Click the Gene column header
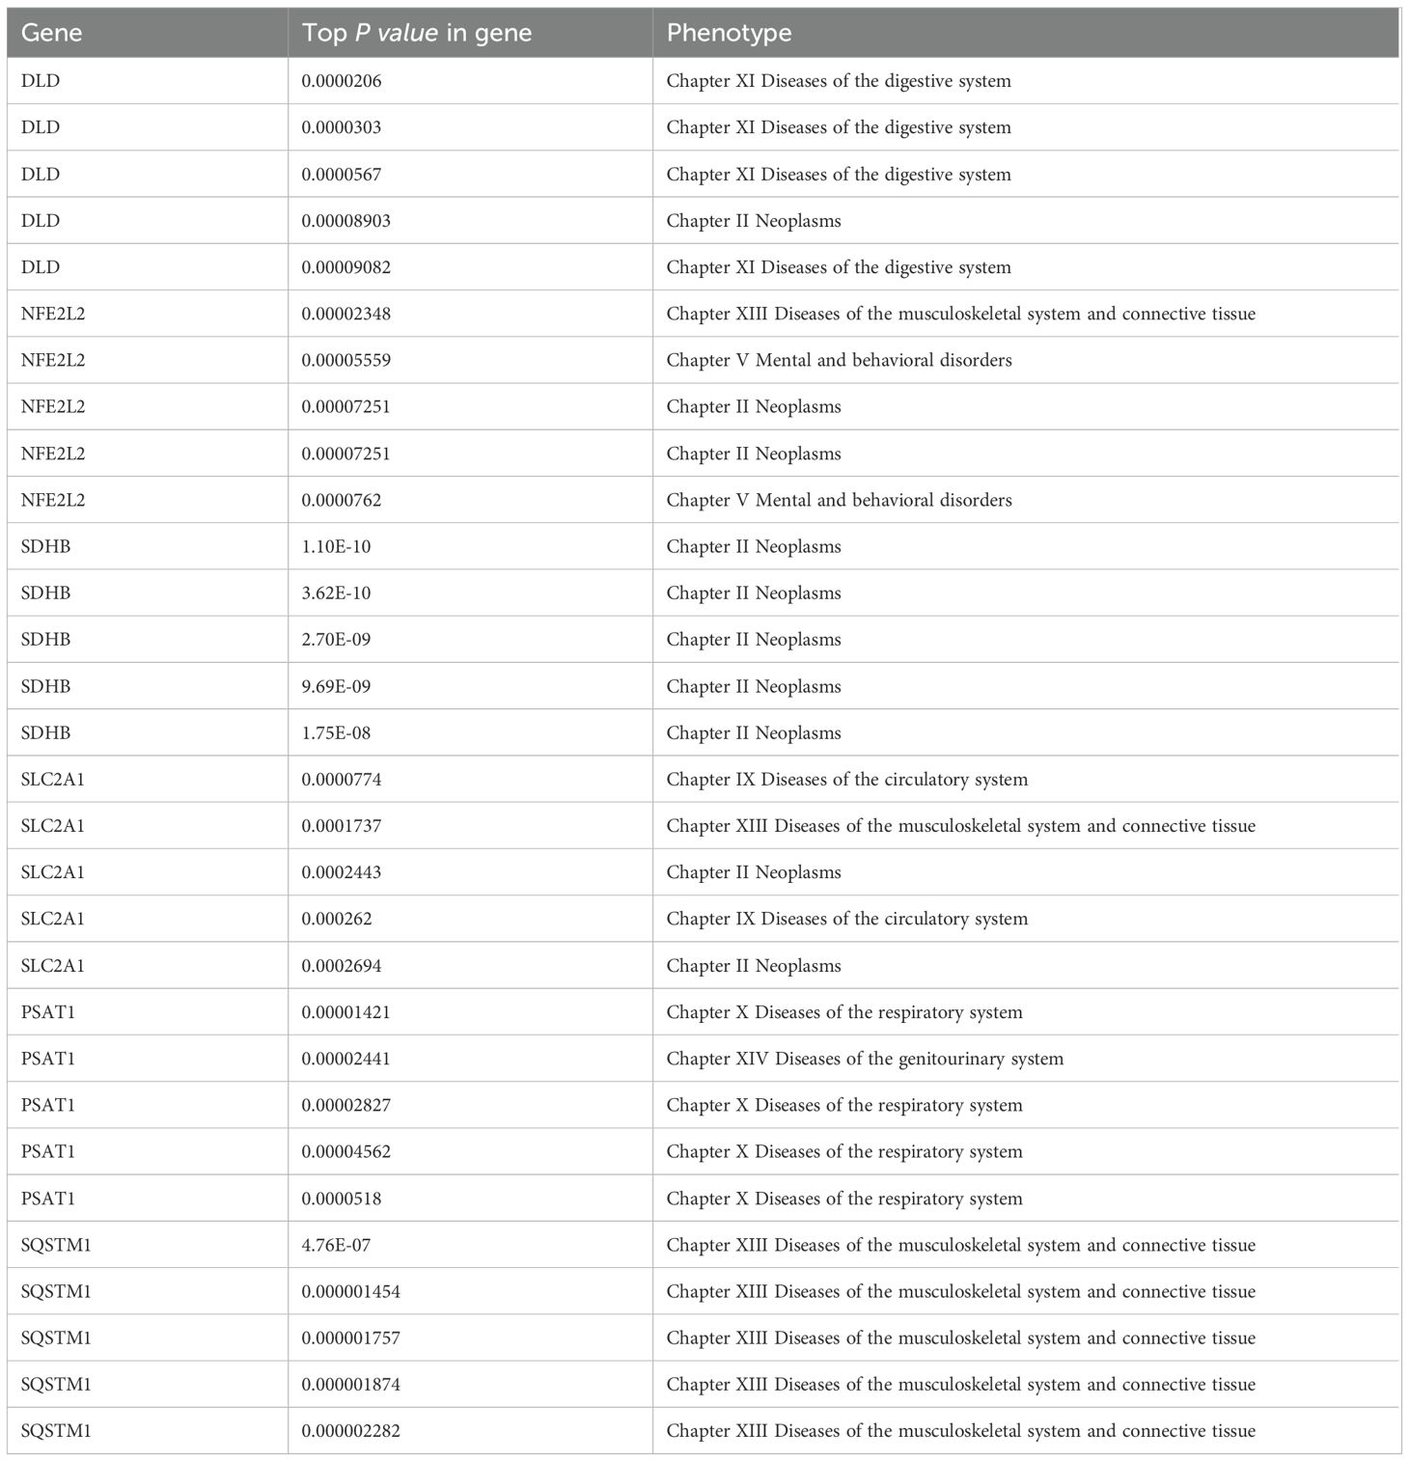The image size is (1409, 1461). (x=51, y=33)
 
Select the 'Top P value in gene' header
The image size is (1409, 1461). (x=416, y=33)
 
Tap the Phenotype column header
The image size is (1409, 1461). (x=729, y=33)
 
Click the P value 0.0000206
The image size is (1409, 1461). (x=342, y=81)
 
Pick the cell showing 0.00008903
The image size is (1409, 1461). (x=345, y=221)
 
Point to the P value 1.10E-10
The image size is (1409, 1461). (x=336, y=546)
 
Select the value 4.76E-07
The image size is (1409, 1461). (x=336, y=1245)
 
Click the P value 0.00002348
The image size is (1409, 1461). (x=345, y=314)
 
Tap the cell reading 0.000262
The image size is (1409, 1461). (x=337, y=919)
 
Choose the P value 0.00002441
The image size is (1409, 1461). (x=345, y=1059)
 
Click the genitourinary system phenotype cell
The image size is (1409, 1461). (x=865, y=1059)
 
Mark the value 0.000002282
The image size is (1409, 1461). (x=350, y=1431)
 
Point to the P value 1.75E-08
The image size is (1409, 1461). (x=336, y=732)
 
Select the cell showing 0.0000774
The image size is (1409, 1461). (x=342, y=779)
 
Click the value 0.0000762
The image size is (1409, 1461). (x=342, y=500)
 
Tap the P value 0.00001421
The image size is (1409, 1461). (x=345, y=1012)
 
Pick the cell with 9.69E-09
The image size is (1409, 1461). (x=336, y=686)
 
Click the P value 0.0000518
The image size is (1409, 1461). (x=342, y=1199)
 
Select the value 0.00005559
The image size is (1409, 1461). (x=345, y=360)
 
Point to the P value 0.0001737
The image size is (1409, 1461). (x=342, y=826)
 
